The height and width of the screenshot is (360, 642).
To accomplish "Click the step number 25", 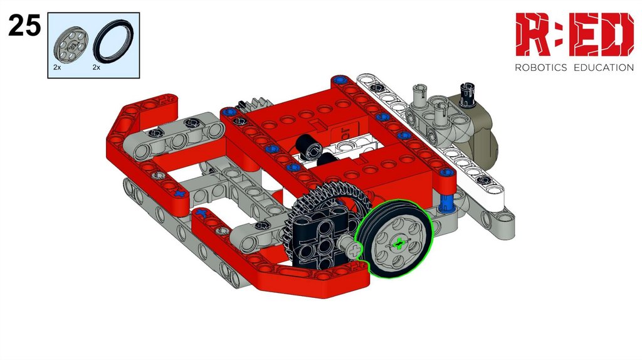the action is [x=24, y=25].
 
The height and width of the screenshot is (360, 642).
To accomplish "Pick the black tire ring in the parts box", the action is [x=113, y=41].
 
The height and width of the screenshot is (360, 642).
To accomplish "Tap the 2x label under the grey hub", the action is [x=57, y=67].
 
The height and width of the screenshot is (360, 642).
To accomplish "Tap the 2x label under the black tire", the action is [x=97, y=67].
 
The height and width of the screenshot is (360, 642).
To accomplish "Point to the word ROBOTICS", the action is [x=540, y=68].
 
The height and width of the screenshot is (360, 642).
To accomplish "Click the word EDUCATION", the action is [x=604, y=68].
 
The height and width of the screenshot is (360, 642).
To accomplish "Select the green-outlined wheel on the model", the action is [x=394, y=239].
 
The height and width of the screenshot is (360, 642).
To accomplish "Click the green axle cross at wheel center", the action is [x=398, y=244].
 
